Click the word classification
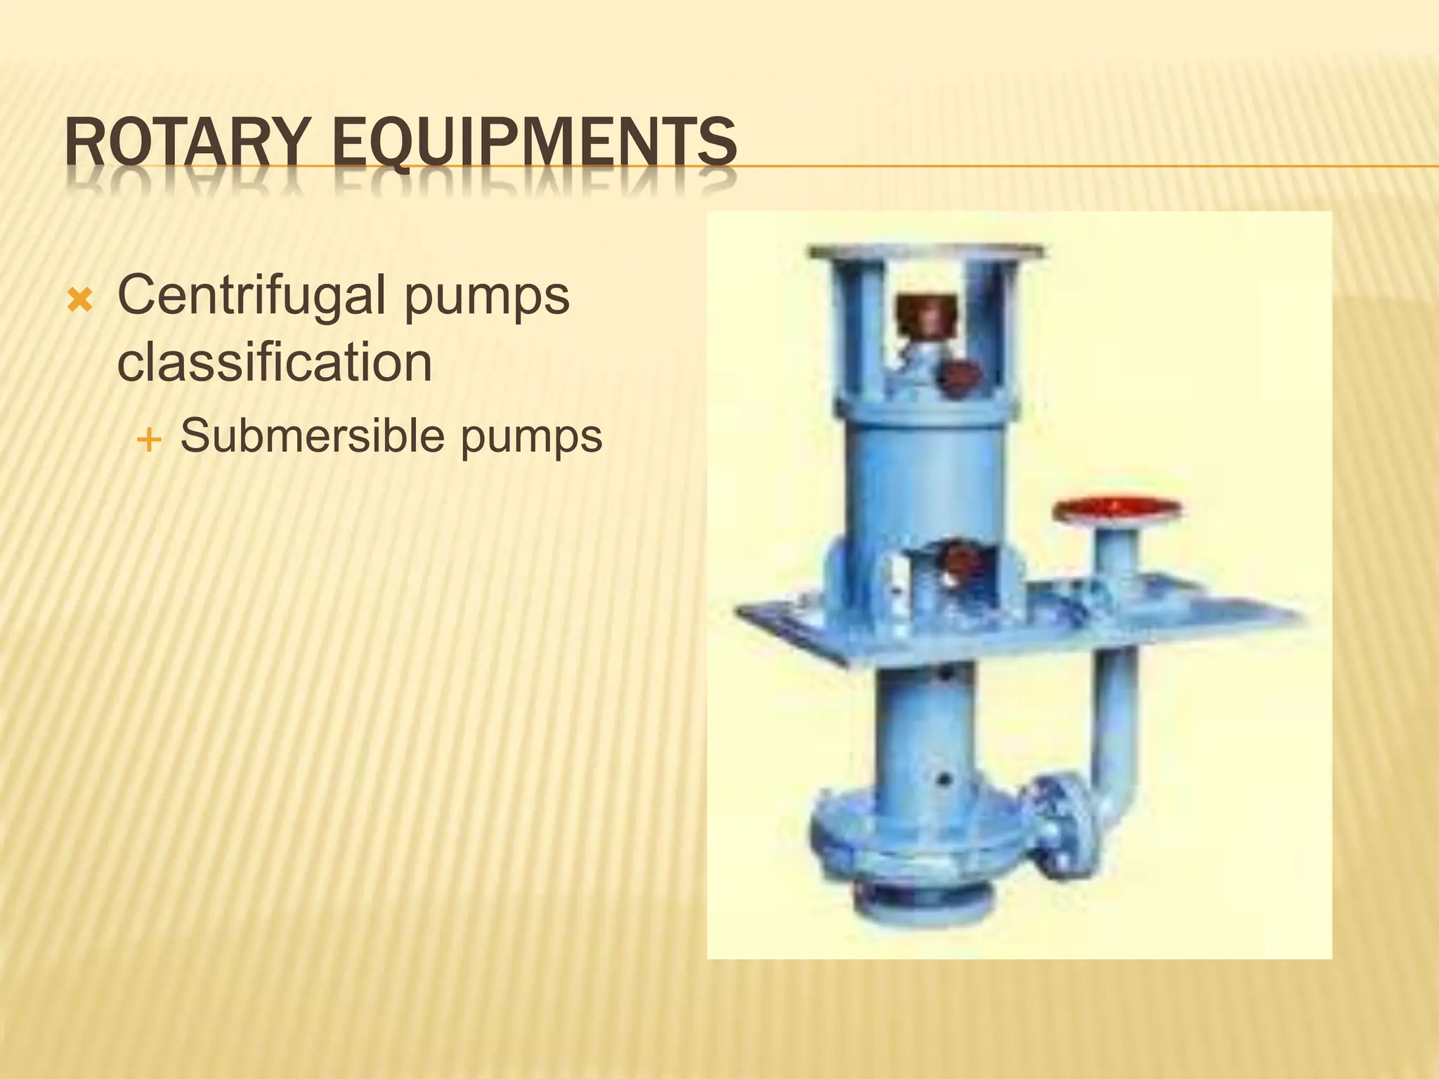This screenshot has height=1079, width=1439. pos(274,362)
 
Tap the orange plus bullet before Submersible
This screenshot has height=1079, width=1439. pos(149,441)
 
